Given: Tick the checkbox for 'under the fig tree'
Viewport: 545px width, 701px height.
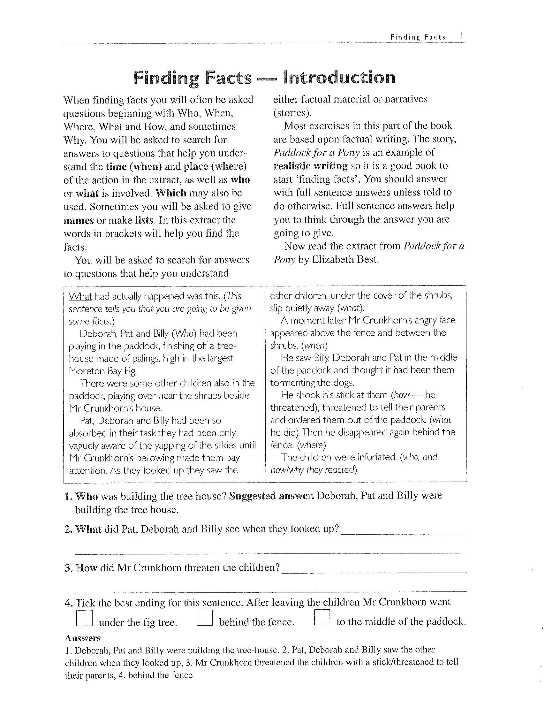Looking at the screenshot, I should (x=84, y=618).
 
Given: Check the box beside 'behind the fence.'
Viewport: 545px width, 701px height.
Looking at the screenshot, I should (x=204, y=617).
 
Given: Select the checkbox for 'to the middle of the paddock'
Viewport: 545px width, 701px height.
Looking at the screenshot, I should (x=322, y=617).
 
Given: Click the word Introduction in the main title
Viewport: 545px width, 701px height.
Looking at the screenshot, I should (x=339, y=78).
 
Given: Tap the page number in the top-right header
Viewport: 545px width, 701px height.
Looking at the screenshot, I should (x=461, y=36).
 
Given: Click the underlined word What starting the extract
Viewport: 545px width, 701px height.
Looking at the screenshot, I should (x=80, y=296).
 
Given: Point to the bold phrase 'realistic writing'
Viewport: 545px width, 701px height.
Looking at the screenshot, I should (x=310, y=166).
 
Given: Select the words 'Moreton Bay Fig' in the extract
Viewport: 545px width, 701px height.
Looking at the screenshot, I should (x=103, y=371).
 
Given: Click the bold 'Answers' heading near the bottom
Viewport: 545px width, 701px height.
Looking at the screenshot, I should (x=83, y=638).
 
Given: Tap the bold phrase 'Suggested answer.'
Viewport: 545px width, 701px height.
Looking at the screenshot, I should (x=271, y=496).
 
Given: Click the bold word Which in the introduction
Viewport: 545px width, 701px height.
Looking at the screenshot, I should (x=171, y=193).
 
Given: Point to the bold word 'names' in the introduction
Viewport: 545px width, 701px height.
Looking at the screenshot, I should (x=79, y=220).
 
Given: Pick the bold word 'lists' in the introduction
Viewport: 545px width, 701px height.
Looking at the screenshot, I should (x=144, y=220).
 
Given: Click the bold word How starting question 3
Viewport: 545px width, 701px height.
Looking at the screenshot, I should (x=86, y=568).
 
